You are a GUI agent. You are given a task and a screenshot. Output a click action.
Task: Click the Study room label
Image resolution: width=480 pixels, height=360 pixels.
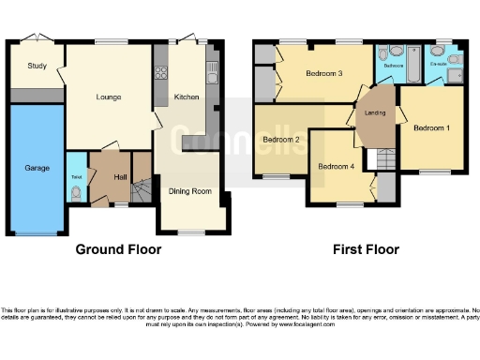point(37,66)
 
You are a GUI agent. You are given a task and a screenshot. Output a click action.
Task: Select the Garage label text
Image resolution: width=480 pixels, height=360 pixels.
point(37,169)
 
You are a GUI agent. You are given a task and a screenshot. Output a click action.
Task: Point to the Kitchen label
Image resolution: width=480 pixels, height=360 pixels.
point(187,97)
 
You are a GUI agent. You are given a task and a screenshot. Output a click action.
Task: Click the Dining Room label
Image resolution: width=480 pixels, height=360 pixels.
point(190,191)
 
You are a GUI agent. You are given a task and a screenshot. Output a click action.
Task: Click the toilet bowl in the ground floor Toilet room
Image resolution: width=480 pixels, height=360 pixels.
point(75,194)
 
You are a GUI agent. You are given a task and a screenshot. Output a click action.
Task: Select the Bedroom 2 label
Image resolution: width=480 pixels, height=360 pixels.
point(281,141)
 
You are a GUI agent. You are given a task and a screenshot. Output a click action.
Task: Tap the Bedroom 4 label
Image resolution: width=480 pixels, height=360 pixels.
point(337,167)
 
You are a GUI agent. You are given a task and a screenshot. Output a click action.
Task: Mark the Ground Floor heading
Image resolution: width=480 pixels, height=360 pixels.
point(118,249)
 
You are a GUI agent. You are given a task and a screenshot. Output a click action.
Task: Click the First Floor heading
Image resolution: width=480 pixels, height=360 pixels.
point(366,249)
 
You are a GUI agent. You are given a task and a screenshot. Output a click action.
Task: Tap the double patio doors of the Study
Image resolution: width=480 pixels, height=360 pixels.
point(35,38)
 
